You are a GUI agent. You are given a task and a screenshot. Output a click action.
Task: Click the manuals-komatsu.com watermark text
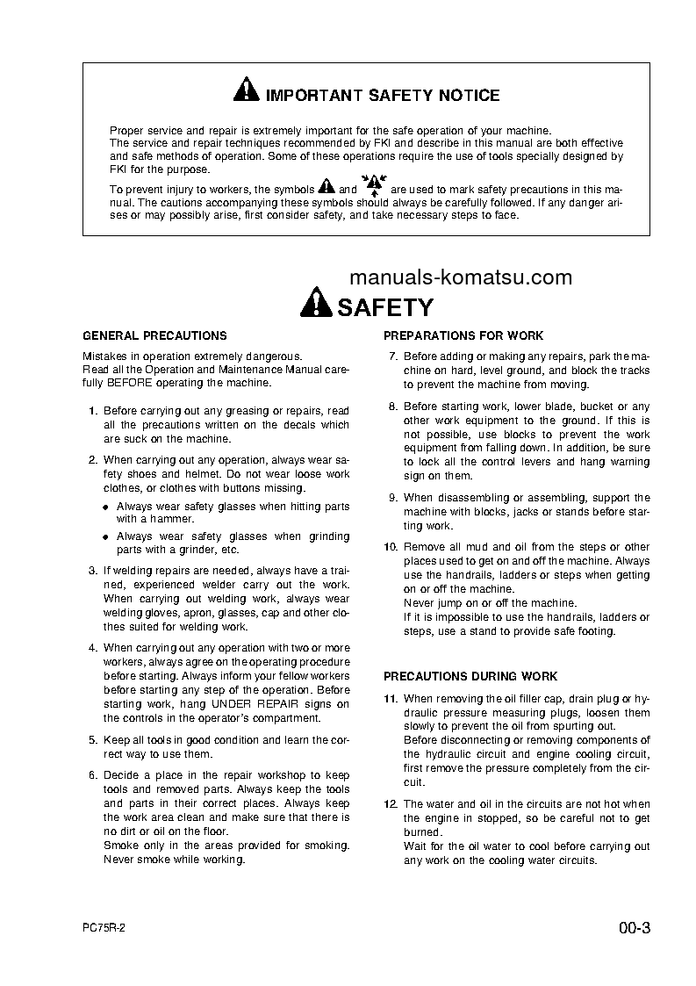coord(460,277)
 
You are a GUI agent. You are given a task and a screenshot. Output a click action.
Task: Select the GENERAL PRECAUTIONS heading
coord(154,335)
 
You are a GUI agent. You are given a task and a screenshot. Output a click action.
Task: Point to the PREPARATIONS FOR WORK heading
coord(463,335)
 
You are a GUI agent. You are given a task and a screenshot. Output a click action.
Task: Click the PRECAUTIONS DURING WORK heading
coord(470,676)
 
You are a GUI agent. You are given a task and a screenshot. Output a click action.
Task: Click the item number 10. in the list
coord(391,547)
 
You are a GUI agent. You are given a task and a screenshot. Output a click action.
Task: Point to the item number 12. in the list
coord(391,803)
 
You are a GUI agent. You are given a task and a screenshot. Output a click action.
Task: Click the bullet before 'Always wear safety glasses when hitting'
coord(105,507)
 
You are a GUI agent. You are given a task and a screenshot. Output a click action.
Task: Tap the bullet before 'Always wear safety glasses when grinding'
coord(105,536)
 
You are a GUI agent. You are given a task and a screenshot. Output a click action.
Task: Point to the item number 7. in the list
coord(393,356)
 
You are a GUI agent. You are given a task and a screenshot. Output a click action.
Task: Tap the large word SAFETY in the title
coord(384,307)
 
